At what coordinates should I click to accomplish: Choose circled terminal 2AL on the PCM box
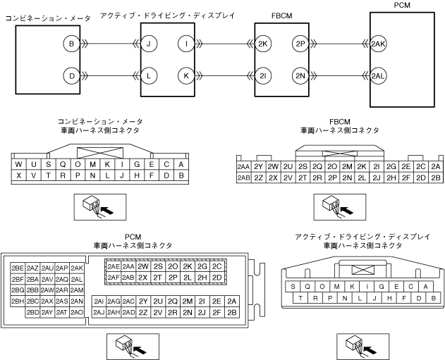click(377, 75)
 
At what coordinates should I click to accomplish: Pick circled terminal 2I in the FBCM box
click(264, 75)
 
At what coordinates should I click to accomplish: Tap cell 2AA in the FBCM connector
click(243, 167)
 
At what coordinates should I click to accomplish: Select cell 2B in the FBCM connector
click(436, 178)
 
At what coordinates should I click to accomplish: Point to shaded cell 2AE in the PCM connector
click(113, 267)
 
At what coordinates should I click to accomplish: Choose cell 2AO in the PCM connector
click(78, 312)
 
